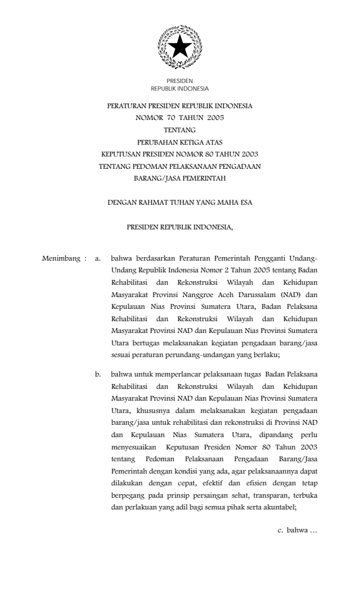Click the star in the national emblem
(x=179, y=45)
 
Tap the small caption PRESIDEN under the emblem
(x=179, y=81)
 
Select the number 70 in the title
(x=163, y=117)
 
